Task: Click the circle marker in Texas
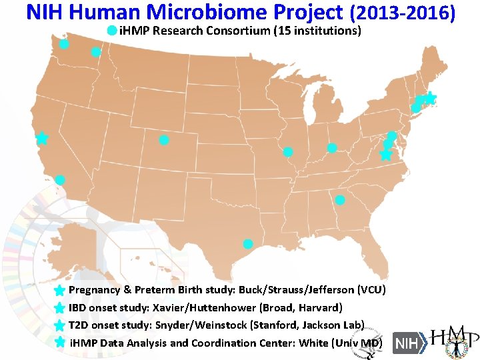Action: pyautogui.click(x=248, y=244)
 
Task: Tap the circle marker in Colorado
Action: pyautogui.click(x=164, y=140)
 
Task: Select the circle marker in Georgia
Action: pyautogui.click(x=340, y=200)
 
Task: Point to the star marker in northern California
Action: pyautogui.click(x=42, y=138)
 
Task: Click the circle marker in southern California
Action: pyautogui.click(x=60, y=179)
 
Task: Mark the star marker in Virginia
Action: pyautogui.click(x=385, y=155)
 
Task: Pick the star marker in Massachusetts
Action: pyautogui.click(x=430, y=98)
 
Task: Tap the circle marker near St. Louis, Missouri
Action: pyautogui.click(x=288, y=152)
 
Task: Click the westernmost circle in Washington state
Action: pyautogui.click(x=64, y=44)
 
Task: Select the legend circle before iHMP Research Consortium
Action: pyautogui.click(x=112, y=31)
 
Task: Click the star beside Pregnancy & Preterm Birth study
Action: pyautogui.click(x=59, y=291)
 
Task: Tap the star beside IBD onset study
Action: pyautogui.click(x=59, y=308)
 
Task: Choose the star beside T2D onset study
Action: pyautogui.click(x=59, y=325)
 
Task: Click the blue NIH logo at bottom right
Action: pyautogui.click(x=406, y=343)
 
